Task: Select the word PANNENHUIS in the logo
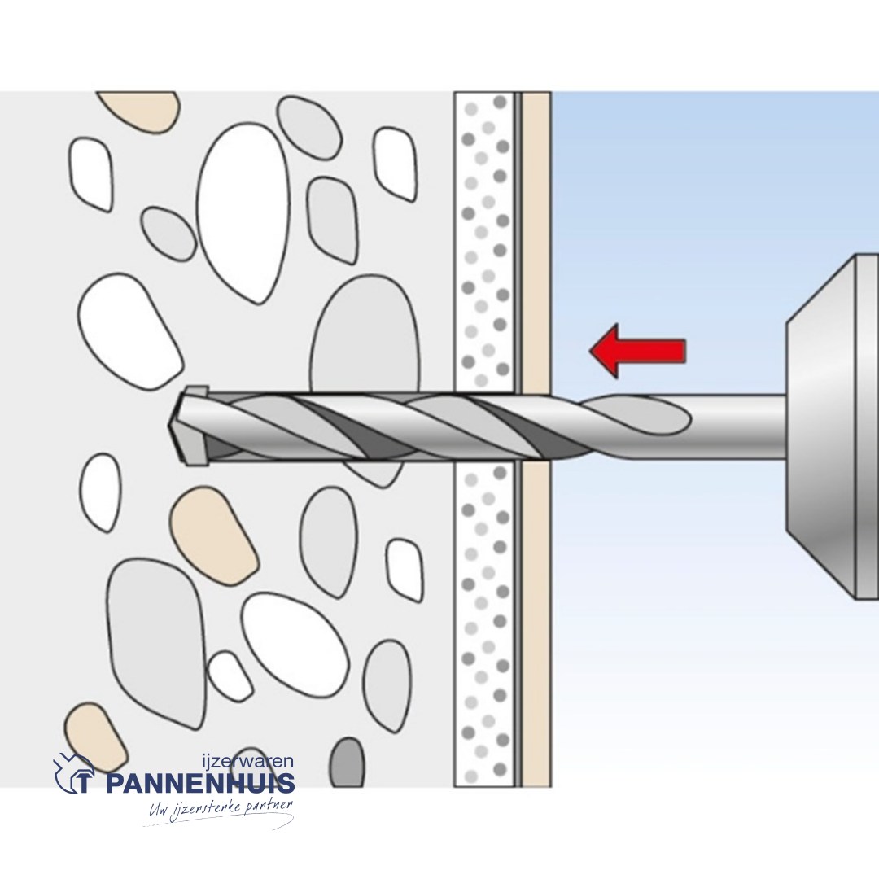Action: click(x=200, y=783)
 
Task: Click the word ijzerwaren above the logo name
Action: click(x=247, y=762)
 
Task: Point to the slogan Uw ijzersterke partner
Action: click(x=221, y=809)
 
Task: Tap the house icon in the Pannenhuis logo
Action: click(x=73, y=773)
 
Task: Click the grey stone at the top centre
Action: click(x=309, y=129)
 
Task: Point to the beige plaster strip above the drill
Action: click(x=536, y=242)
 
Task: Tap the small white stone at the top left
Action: click(x=91, y=174)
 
